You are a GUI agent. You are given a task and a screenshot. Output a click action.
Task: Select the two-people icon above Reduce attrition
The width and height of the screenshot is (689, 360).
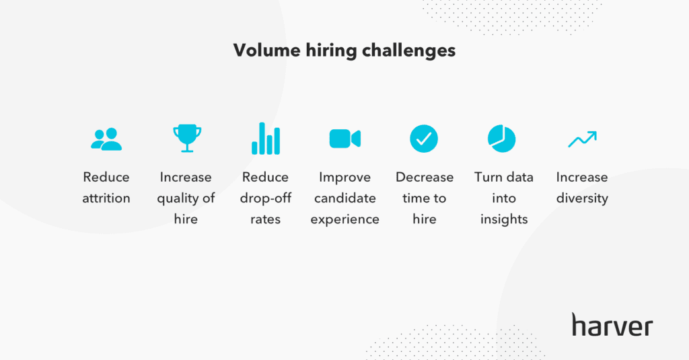coord(106,139)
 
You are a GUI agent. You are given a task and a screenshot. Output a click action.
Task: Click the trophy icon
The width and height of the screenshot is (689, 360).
coord(187,139)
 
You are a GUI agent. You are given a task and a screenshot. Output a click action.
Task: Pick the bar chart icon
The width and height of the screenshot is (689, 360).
coord(266,139)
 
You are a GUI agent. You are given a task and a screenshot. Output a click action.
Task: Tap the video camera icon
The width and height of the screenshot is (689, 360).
coord(345,139)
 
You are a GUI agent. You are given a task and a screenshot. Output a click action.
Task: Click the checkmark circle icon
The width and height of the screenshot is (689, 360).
coord(424,139)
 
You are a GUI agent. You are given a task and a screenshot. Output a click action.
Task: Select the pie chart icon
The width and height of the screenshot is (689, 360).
coord(502,139)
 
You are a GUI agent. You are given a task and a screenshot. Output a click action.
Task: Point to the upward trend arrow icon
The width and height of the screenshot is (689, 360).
coord(582,139)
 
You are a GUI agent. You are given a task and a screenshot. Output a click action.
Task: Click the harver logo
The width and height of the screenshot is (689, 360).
coord(612,325)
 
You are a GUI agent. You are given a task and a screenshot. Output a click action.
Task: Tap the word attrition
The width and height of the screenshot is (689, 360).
coord(106,199)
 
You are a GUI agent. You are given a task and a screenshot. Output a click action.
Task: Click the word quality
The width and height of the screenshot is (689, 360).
coord(178,199)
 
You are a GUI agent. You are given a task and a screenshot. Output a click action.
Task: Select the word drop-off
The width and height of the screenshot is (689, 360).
coord(265,199)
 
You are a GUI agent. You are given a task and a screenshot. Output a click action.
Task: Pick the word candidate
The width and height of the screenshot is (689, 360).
coord(345,199)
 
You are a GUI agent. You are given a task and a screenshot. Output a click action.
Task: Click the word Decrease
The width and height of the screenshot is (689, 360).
coord(425,177)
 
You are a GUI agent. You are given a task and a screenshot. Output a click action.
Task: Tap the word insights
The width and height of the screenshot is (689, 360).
coord(504,219)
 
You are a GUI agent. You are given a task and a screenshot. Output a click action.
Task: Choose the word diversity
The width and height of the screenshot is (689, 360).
coord(582,199)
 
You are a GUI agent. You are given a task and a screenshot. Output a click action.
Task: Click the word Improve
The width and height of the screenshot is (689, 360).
coord(345,178)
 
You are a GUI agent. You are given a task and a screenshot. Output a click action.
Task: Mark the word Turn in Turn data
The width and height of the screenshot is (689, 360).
coord(487,177)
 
